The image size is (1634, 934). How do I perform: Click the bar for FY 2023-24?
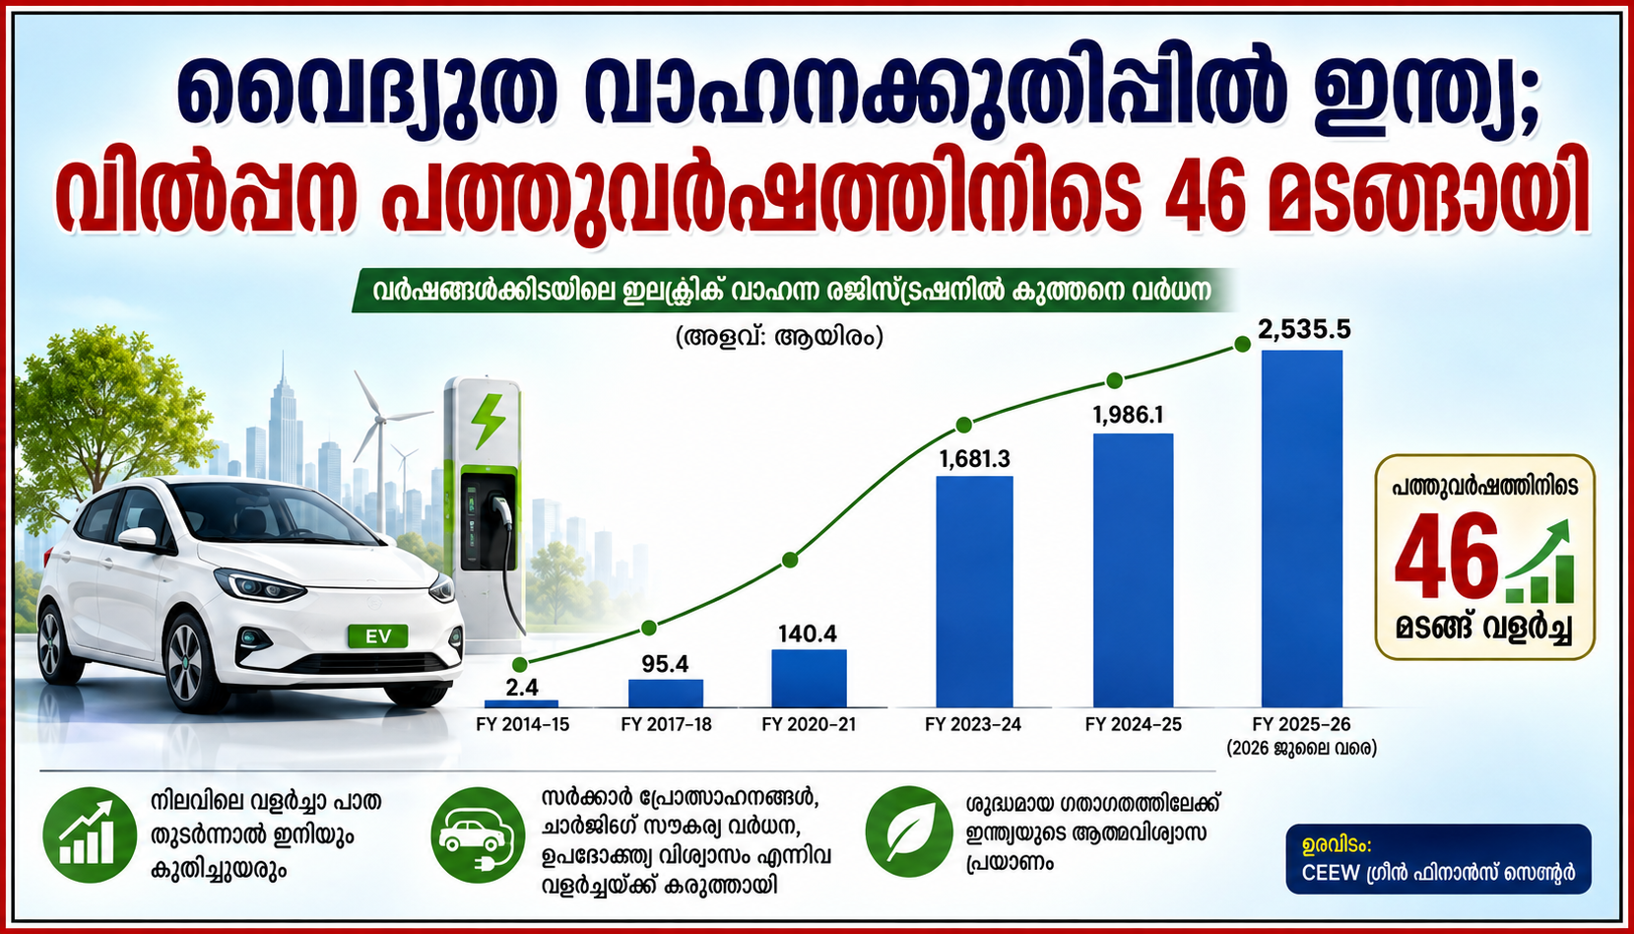click(x=974, y=591)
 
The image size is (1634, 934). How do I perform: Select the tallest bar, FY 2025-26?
click(x=1302, y=528)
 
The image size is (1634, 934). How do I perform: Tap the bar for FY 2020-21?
click(x=809, y=678)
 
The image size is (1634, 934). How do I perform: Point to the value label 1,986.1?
click(x=1128, y=415)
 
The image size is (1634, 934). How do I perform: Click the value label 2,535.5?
click(x=1304, y=330)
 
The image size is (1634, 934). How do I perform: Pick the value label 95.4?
click(x=665, y=664)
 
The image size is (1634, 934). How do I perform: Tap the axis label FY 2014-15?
click(x=522, y=724)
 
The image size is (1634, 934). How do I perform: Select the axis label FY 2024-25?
click(x=1133, y=724)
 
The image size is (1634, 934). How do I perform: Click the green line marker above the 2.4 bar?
click(x=519, y=665)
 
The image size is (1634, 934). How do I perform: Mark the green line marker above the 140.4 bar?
click(x=789, y=560)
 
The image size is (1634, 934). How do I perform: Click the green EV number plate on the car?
click(x=378, y=636)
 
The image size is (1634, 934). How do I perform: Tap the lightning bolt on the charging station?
click(x=487, y=421)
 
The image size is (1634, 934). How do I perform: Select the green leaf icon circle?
click(x=909, y=832)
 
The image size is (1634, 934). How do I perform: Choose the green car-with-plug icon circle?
click(x=478, y=834)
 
